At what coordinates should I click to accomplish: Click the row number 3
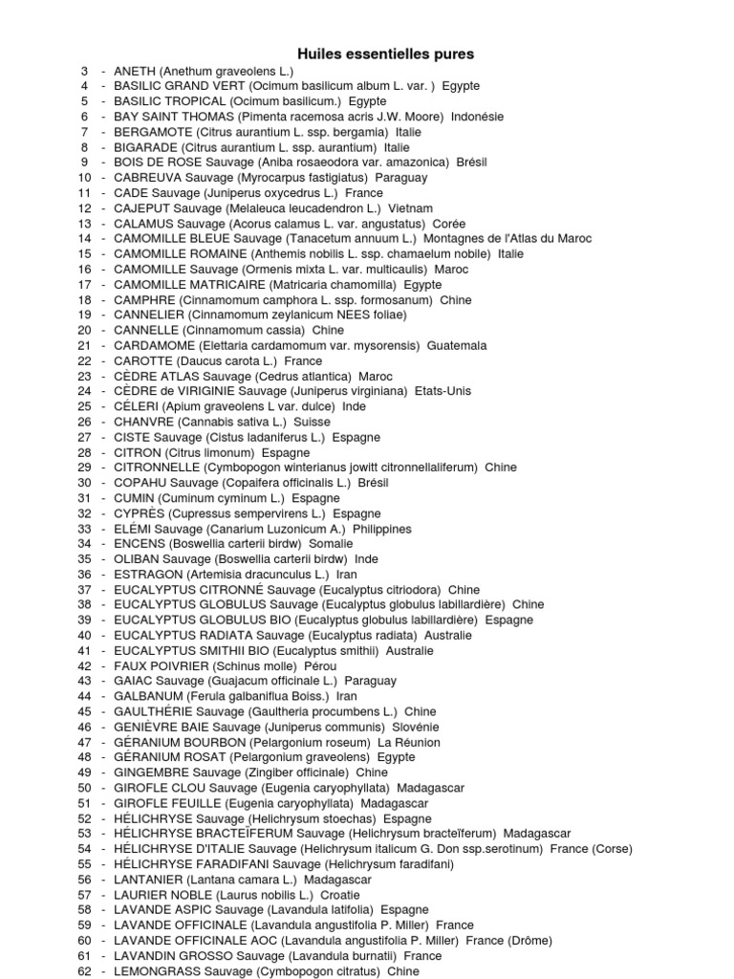84,71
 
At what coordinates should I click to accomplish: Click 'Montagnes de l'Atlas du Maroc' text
507,239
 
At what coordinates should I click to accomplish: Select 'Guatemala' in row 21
457,346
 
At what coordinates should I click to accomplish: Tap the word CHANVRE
143,422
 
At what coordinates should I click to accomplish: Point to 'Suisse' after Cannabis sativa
313,422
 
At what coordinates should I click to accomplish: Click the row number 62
84,971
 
